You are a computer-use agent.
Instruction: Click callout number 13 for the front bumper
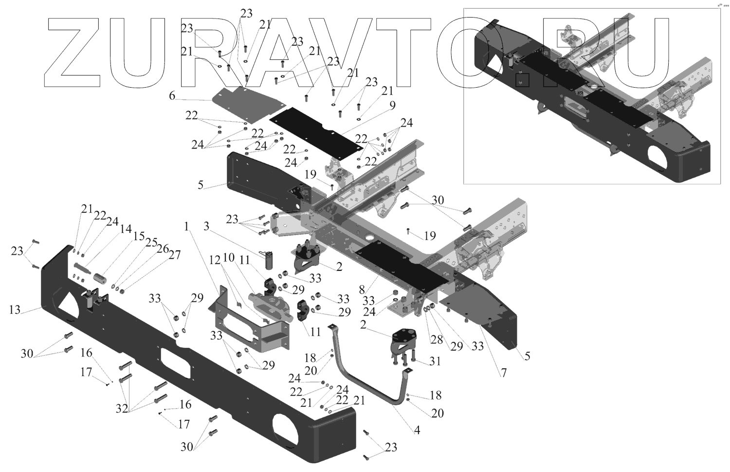(x=15, y=310)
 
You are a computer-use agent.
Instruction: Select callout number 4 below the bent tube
(x=417, y=431)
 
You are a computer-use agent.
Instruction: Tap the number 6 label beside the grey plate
(x=172, y=96)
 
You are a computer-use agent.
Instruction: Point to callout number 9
(x=392, y=105)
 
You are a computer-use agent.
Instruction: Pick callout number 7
(x=504, y=373)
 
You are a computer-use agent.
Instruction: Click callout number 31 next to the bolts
(x=435, y=361)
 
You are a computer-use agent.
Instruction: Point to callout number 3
(x=206, y=227)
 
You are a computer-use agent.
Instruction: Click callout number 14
(x=126, y=228)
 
